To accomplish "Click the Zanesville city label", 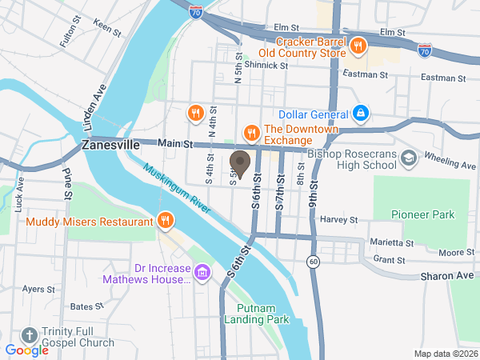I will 110,146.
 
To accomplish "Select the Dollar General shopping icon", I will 361,114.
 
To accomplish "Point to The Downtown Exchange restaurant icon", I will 250,130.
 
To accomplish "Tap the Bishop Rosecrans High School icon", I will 410,158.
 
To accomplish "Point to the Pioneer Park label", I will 422,214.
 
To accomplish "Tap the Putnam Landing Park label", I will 262,313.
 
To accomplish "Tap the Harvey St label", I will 338,219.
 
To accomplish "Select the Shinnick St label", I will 265,65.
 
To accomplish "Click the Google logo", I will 27,350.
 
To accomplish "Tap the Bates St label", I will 82,306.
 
